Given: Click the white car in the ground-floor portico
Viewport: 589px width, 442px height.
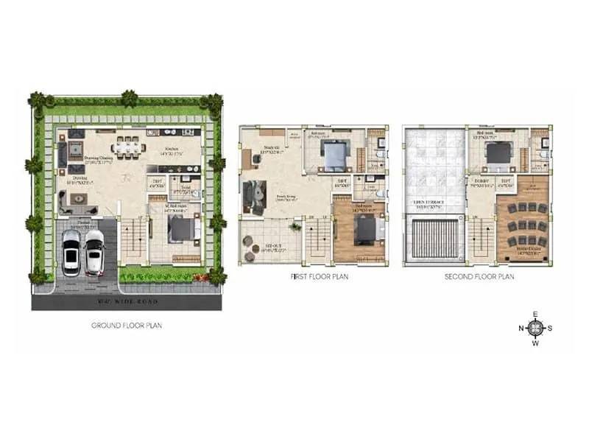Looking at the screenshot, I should tap(71, 253).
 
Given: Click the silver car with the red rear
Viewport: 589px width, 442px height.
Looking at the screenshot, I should tap(94, 252).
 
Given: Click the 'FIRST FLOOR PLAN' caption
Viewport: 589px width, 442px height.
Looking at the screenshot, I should tap(320, 278).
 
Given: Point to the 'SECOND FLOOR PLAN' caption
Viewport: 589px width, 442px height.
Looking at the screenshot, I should tap(479, 278).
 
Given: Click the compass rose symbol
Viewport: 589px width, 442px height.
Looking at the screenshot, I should tap(535, 329).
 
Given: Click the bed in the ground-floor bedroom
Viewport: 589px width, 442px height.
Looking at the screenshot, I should tap(181, 231).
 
